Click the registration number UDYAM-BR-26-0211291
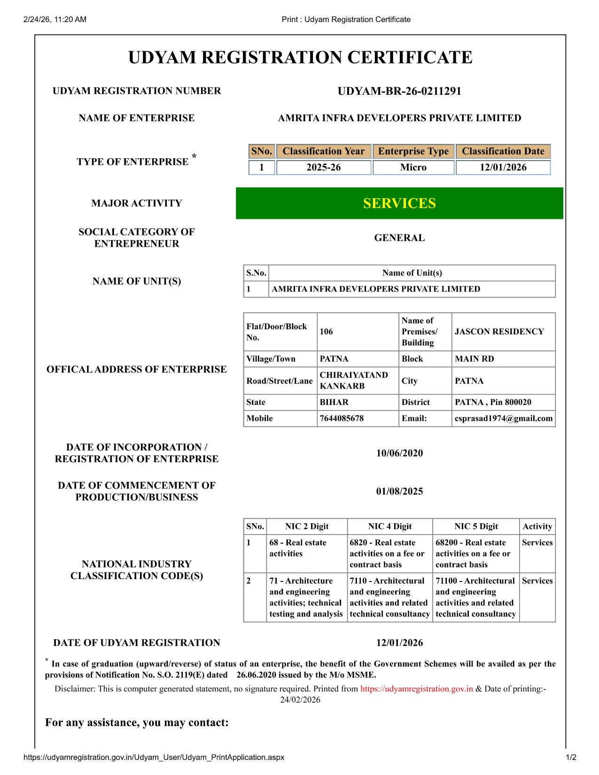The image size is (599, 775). click(x=399, y=91)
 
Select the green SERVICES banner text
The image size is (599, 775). click(x=399, y=203)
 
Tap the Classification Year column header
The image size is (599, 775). click(x=324, y=151)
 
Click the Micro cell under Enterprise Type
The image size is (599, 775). click(x=413, y=167)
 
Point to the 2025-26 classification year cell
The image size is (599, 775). click(x=324, y=167)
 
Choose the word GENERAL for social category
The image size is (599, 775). click(x=399, y=238)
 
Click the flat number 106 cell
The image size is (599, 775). click(x=327, y=332)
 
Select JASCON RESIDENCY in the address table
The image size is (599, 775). click(x=499, y=332)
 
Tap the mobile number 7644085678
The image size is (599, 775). click(x=342, y=418)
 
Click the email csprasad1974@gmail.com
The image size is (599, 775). click(x=504, y=418)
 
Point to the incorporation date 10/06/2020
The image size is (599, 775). click(x=399, y=453)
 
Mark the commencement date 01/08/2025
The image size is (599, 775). click(x=399, y=491)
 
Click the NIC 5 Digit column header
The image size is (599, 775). click(x=476, y=527)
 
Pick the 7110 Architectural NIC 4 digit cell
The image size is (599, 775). click(x=389, y=597)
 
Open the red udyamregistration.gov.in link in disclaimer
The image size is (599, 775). click(x=416, y=689)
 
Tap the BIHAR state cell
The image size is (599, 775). click(x=334, y=402)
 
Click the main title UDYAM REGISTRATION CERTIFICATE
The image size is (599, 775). click(x=300, y=57)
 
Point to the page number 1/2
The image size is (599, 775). click(x=571, y=757)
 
